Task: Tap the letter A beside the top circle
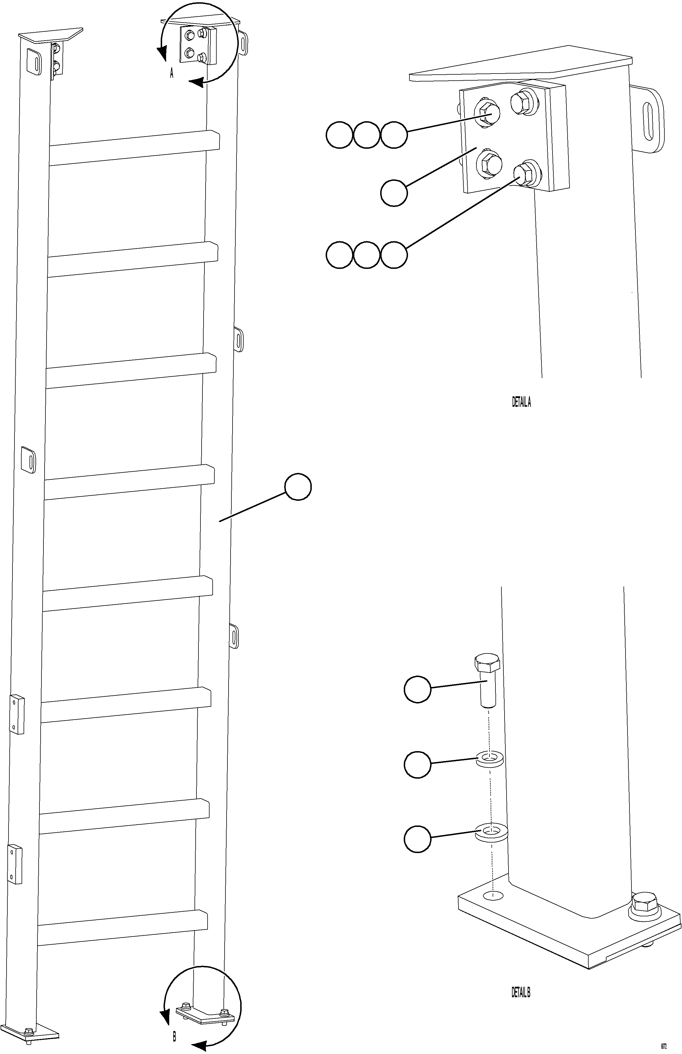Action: click(171, 73)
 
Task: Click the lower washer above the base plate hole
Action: click(491, 833)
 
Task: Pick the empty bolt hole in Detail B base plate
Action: click(493, 896)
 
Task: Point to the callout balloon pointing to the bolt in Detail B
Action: click(417, 689)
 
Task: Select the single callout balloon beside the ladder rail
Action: click(298, 487)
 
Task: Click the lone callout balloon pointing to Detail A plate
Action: click(394, 192)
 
